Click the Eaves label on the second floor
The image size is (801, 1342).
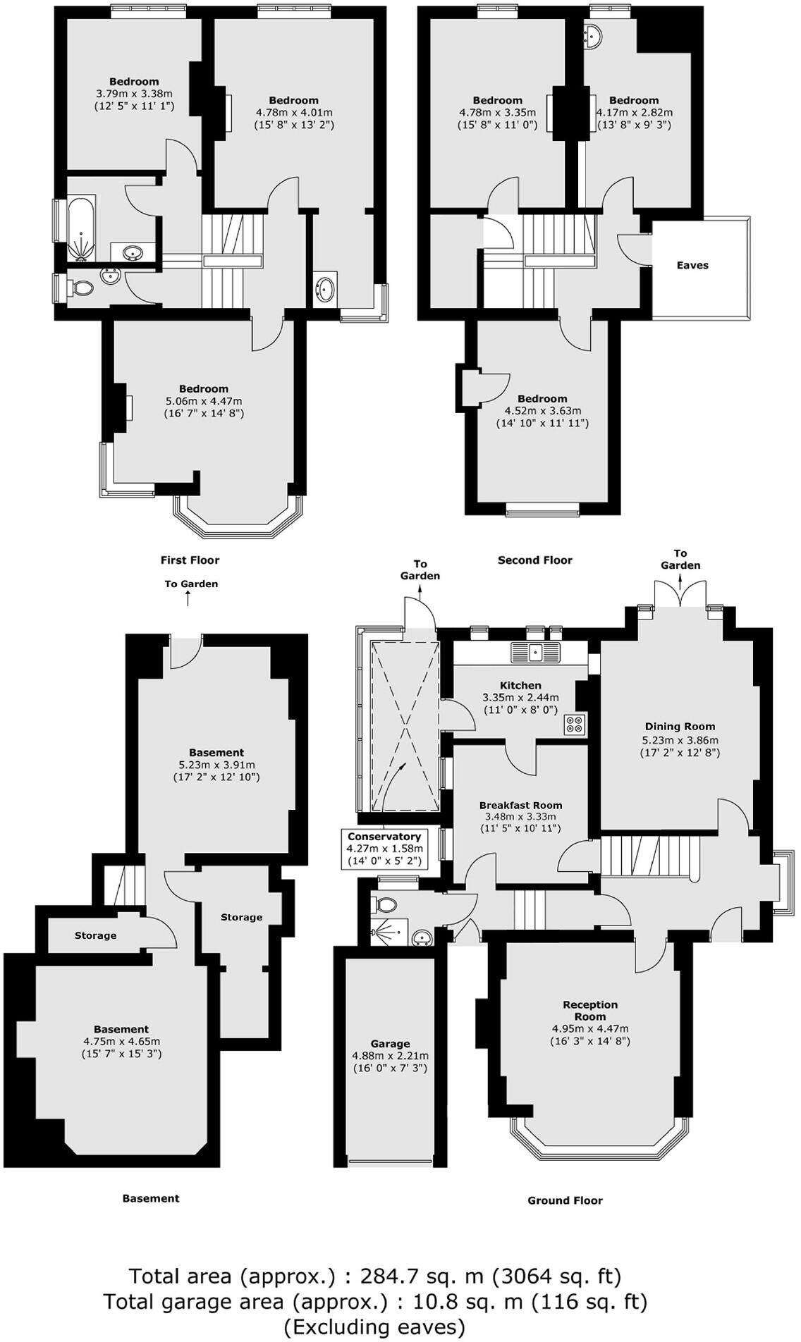(692, 266)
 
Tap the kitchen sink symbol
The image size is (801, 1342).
(536, 652)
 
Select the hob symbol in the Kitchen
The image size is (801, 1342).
(575, 725)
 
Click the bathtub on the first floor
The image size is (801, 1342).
(83, 230)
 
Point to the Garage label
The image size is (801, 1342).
(390, 1044)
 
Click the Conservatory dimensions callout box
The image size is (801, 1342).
(384, 849)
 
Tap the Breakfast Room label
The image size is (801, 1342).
(520, 805)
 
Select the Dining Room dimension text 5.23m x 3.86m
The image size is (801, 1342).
(680, 740)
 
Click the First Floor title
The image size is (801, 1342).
(190, 560)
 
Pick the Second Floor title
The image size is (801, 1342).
(534, 560)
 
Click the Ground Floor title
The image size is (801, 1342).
(565, 1200)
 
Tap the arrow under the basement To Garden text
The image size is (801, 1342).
(188, 598)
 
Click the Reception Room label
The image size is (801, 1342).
(589, 1010)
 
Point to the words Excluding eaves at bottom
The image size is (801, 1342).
(374, 1326)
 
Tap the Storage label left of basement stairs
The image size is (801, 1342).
(95, 935)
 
